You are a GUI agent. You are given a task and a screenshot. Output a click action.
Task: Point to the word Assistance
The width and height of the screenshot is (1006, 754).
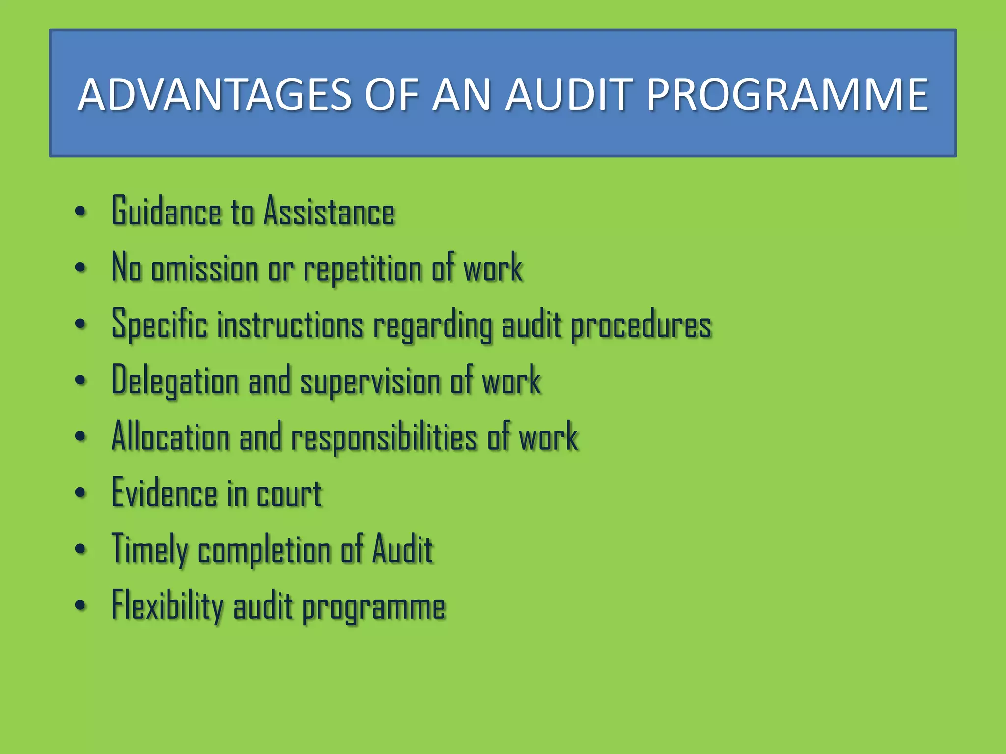[329, 212]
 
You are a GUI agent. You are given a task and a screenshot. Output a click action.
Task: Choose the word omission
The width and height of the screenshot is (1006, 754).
[205, 269]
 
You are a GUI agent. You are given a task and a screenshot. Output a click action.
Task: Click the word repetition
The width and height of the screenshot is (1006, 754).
[363, 269]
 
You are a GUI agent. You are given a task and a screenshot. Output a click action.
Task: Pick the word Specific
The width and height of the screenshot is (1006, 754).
[160, 324]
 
